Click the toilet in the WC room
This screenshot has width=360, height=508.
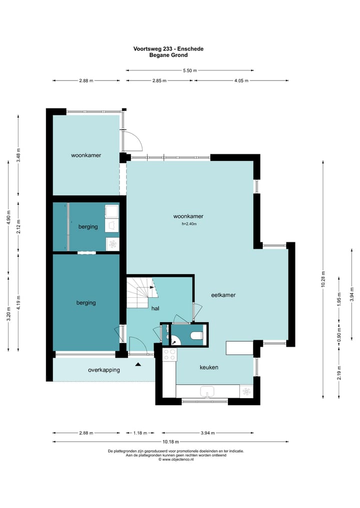(196, 335)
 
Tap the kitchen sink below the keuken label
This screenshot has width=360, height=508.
(207, 391)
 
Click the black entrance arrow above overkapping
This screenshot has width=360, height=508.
(138, 364)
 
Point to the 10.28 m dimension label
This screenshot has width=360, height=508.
(322, 279)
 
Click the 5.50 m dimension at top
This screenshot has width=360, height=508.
(189, 70)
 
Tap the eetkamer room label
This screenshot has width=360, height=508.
(223, 295)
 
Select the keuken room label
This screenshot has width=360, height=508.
(209, 367)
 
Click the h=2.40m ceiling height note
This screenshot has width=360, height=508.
(189, 224)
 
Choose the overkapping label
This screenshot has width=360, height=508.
(104, 370)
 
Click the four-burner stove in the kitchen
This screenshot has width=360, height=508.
(169, 355)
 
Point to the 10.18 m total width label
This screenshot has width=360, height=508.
(170, 441)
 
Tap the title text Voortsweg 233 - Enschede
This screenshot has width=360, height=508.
(168, 48)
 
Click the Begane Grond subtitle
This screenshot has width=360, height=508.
(168, 55)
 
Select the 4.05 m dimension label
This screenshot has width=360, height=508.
(241, 80)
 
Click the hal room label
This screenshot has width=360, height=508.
(155, 308)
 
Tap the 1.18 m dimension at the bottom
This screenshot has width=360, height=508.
(140, 433)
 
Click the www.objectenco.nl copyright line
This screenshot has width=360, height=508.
(176, 459)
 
